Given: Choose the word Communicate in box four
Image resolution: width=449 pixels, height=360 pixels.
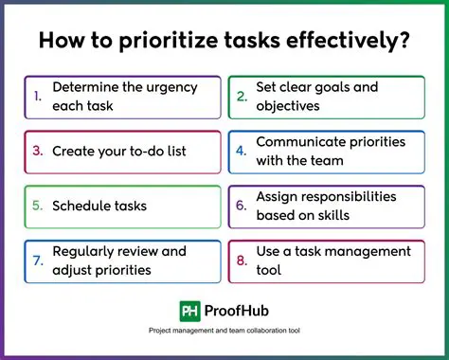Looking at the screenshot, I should click(x=304, y=142).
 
